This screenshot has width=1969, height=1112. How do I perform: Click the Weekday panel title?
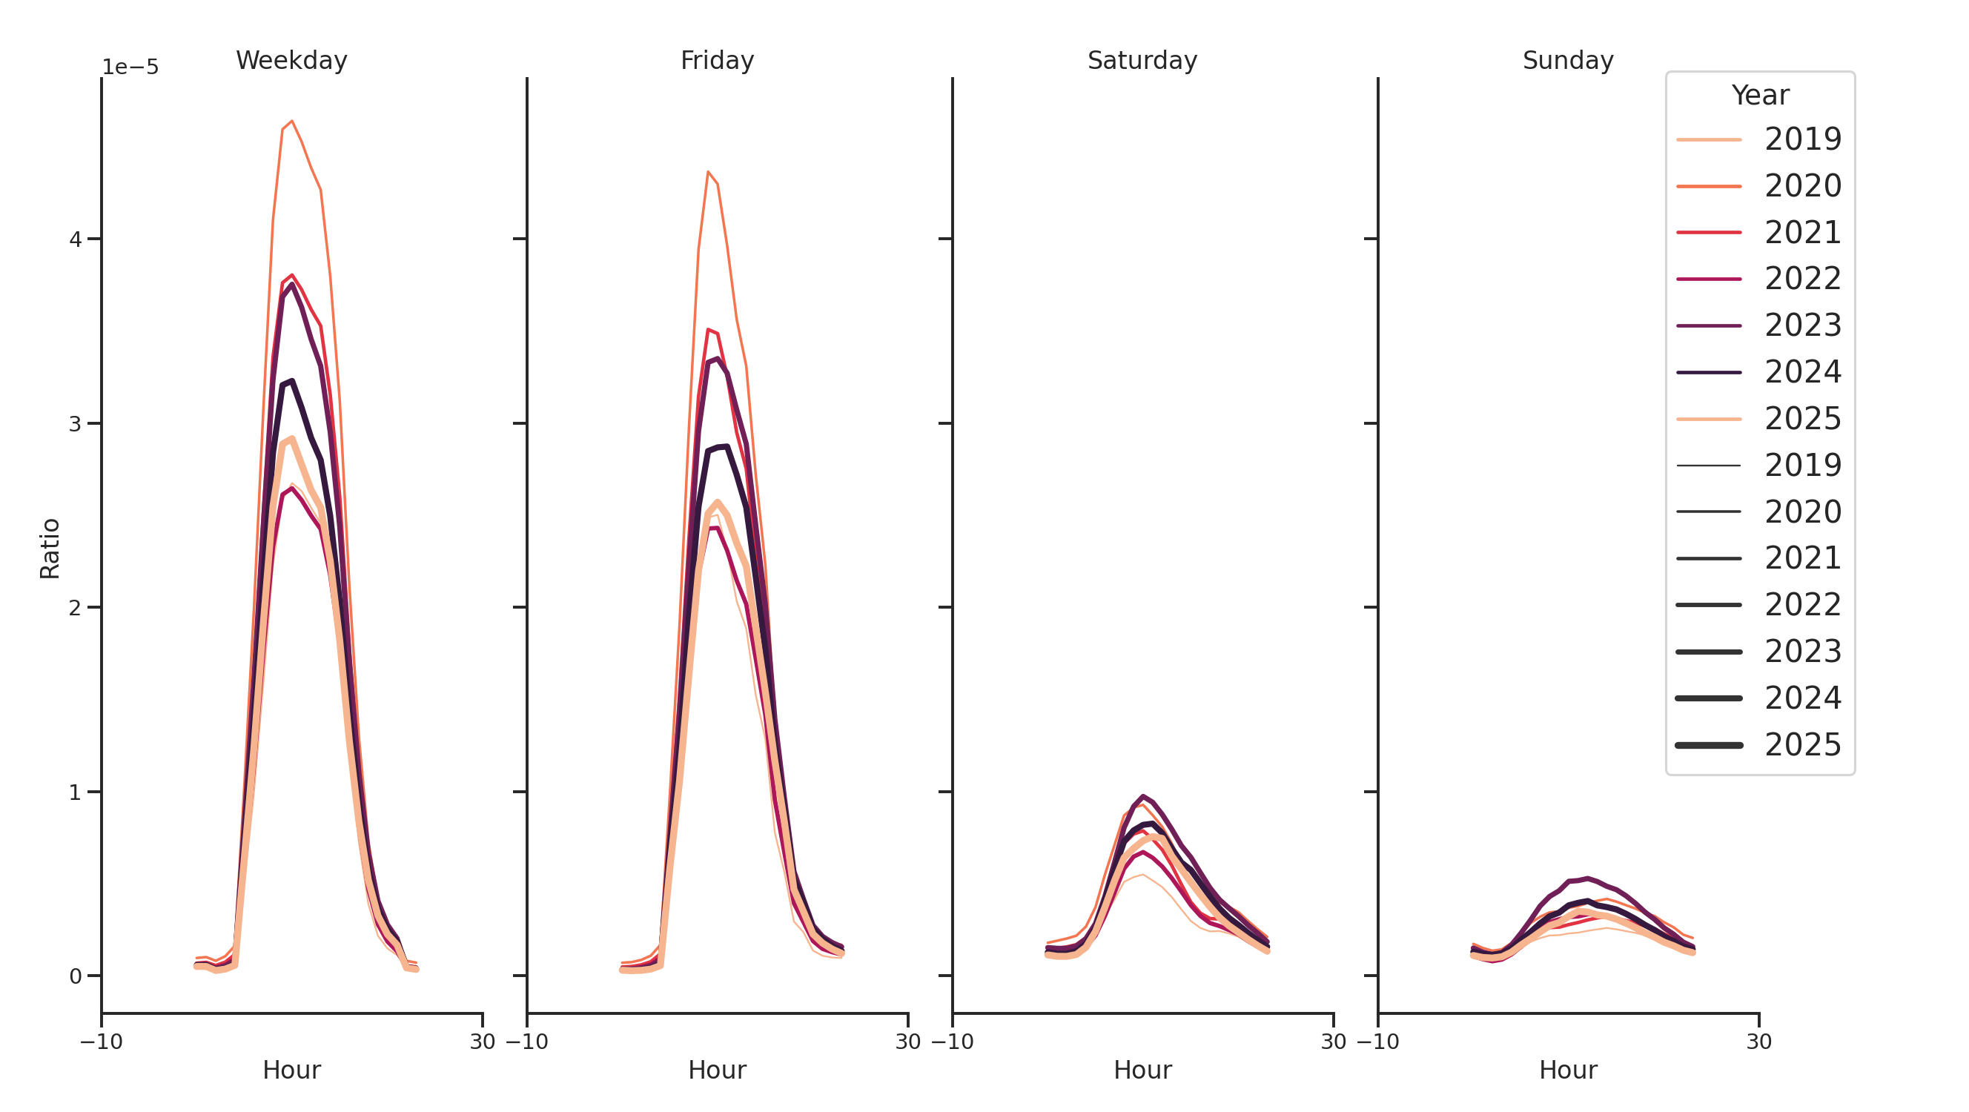tap(291, 60)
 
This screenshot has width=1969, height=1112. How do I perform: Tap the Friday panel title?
tap(717, 60)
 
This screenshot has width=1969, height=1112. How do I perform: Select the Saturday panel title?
tap(1142, 60)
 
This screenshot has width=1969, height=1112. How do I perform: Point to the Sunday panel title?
tap(1568, 60)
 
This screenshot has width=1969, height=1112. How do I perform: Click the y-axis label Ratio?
tap(50, 548)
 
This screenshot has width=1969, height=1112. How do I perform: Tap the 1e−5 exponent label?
tap(130, 67)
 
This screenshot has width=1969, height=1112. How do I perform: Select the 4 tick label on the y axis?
tap(75, 239)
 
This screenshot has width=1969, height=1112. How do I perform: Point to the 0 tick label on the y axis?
tap(75, 976)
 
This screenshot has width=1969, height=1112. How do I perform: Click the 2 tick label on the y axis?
tap(75, 608)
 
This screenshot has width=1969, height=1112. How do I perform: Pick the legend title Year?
tap(1759, 96)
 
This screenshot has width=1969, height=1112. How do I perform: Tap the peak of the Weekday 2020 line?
tap(292, 121)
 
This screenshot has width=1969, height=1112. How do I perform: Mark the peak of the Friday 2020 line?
tap(708, 172)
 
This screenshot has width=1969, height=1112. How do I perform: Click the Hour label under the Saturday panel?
tap(1142, 1070)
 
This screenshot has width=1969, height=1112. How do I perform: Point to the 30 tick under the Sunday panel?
tap(1758, 1042)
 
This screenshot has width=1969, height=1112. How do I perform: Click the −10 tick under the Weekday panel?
tap(102, 1042)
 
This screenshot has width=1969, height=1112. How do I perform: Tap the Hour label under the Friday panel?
tap(717, 1070)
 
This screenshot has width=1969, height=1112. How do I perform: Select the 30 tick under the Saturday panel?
tap(1333, 1042)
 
